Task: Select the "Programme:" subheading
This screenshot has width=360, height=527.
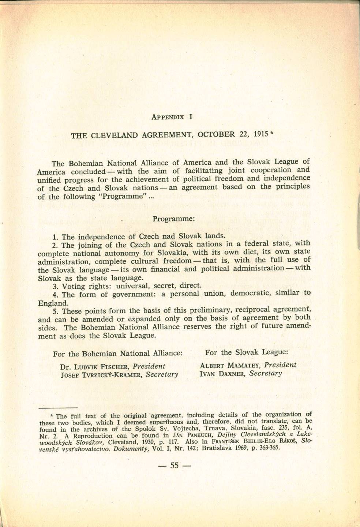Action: click(x=173, y=219)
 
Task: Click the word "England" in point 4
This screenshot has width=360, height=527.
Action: click(x=53, y=303)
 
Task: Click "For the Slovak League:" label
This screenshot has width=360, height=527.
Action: click(x=247, y=352)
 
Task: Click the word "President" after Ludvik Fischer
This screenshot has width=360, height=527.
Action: click(x=149, y=366)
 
